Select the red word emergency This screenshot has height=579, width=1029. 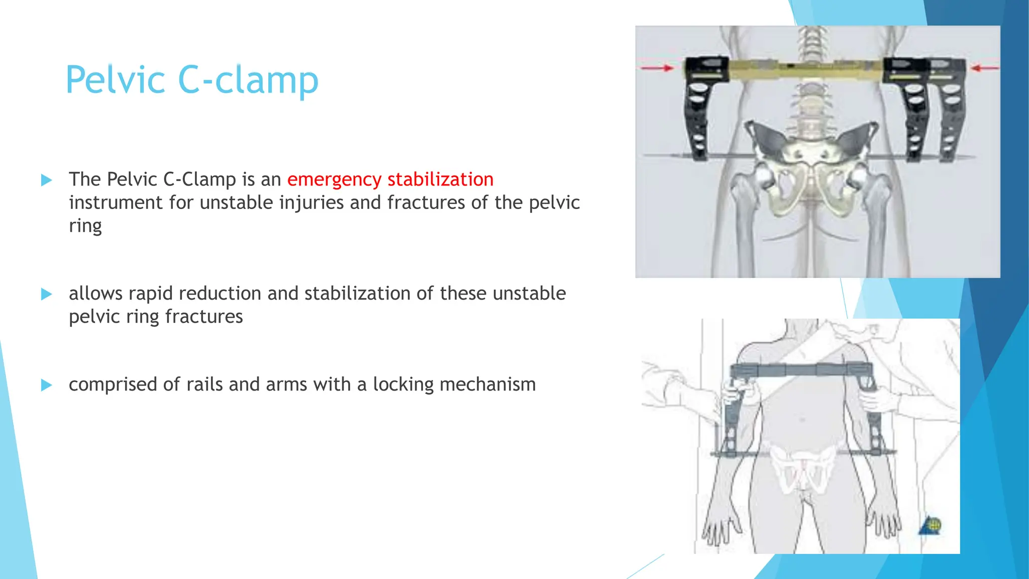click(334, 179)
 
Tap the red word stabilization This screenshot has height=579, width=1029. click(441, 179)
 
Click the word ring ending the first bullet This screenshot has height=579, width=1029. click(85, 226)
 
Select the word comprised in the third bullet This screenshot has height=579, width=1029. click(114, 384)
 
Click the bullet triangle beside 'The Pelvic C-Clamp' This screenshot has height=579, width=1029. click(46, 180)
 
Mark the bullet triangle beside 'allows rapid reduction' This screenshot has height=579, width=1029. click(46, 294)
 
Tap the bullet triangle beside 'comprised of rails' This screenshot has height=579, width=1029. click(46, 385)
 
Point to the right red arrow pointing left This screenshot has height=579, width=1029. click(985, 68)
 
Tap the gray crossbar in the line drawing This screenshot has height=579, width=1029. click(801, 370)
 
